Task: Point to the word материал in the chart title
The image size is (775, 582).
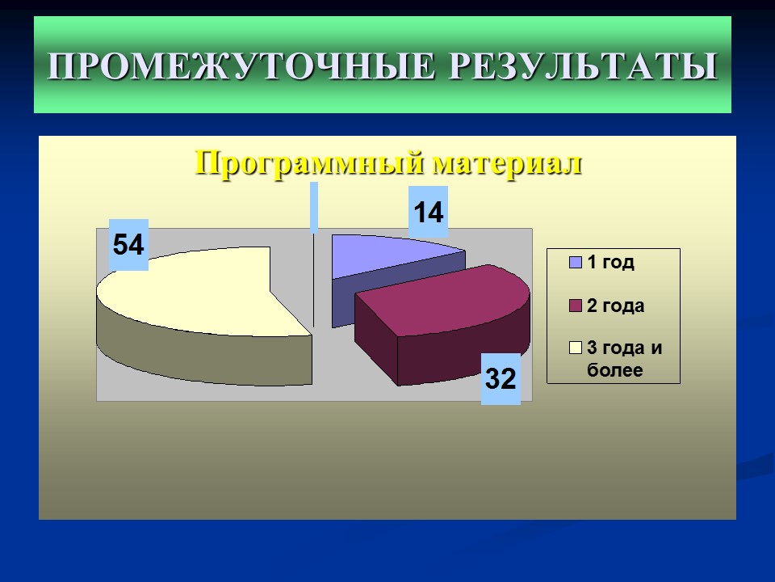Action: pyautogui.click(x=507, y=162)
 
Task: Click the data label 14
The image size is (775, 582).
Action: pyautogui.click(x=428, y=213)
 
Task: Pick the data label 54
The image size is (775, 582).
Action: pyautogui.click(x=128, y=244)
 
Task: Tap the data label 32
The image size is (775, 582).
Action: pyautogui.click(x=501, y=377)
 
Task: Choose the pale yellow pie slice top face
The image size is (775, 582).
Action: pyautogui.click(x=202, y=291)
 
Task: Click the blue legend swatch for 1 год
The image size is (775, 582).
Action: pyautogui.click(x=576, y=262)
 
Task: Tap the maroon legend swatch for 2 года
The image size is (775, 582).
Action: pyautogui.click(x=576, y=305)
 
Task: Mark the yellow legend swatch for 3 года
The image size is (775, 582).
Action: pyautogui.click(x=576, y=348)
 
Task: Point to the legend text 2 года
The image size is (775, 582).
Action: pyautogui.click(x=615, y=306)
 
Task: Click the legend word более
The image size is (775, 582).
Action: pyautogui.click(x=614, y=371)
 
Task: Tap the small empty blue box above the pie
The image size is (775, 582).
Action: pyautogui.click(x=313, y=208)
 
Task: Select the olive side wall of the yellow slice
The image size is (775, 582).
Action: pyautogui.click(x=202, y=356)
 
